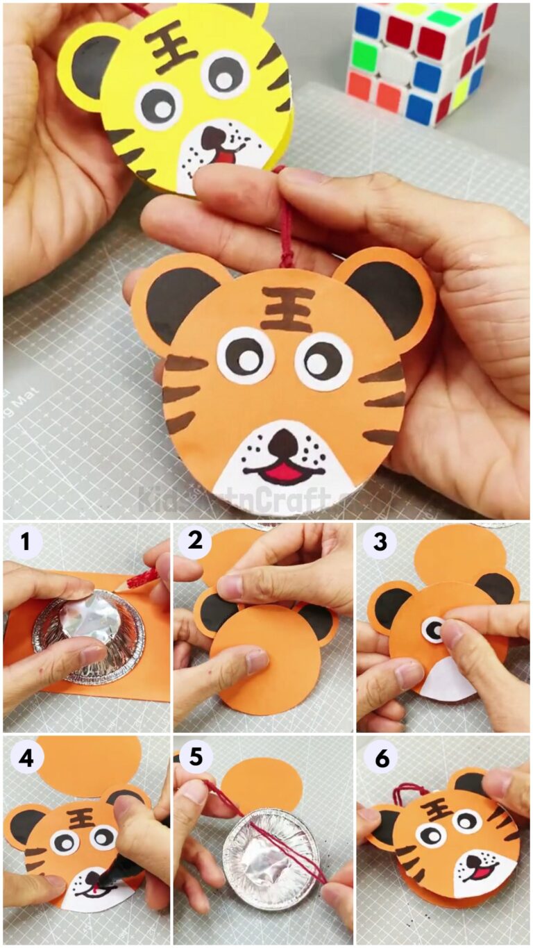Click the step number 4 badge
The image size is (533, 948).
coord(26,759)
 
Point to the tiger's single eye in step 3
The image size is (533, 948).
coord(434,630)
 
